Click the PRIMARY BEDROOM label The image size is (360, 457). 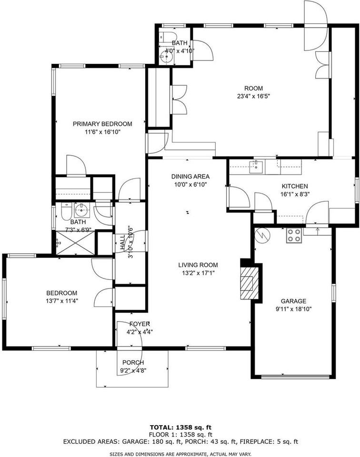102,124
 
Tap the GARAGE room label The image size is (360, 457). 293,301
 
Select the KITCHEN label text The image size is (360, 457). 295,186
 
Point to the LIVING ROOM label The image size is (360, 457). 198,265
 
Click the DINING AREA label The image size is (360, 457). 190,176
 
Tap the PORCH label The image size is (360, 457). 133,363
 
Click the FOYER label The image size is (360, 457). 140,324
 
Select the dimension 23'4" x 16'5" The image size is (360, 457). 254,96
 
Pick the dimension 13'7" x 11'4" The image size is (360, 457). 62,301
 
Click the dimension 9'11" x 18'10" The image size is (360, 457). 293,309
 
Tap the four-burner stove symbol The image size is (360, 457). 293,236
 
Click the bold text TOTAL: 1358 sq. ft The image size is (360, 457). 180,427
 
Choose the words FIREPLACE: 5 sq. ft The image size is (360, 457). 269,442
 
